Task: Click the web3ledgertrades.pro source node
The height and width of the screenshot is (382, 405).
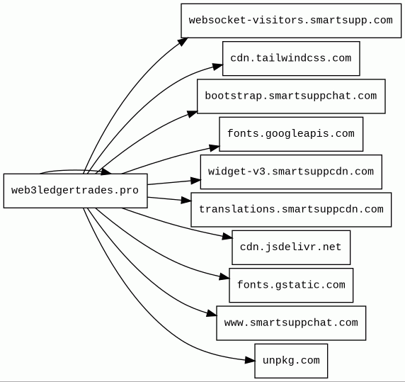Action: click(76, 191)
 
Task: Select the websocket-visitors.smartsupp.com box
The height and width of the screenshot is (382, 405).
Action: click(291, 21)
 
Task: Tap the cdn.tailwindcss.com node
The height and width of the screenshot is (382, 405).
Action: click(291, 58)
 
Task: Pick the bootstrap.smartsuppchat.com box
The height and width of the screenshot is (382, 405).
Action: click(291, 96)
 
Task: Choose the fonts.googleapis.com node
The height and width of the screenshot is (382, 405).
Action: click(291, 134)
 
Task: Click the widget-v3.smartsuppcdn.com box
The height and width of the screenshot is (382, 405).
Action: click(291, 172)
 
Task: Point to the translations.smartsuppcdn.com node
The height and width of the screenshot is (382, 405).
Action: click(291, 210)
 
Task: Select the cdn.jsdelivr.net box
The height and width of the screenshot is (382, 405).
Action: click(291, 247)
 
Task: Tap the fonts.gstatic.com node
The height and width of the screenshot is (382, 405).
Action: click(291, 285)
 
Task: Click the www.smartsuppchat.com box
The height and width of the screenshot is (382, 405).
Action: click(291, 323)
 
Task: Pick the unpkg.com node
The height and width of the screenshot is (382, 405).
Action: click(291, 361)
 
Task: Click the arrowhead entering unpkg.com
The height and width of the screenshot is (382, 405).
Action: click(249, 360)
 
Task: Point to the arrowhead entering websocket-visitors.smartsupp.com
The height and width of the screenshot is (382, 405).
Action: click(183, 42)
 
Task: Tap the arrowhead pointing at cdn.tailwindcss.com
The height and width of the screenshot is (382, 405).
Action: click(218, 67)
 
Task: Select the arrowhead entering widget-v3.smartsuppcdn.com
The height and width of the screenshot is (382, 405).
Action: click(195, 181)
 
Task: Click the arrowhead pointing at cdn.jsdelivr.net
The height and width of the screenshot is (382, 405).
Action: click(227, 237)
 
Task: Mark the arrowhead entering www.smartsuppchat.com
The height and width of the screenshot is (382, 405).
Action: click(212, 313)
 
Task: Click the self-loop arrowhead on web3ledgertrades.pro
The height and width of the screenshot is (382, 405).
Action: click(106, 172)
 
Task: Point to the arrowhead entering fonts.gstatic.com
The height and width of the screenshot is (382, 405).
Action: click(224, 277)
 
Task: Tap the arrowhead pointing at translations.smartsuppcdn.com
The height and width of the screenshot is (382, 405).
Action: click(186, 201)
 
